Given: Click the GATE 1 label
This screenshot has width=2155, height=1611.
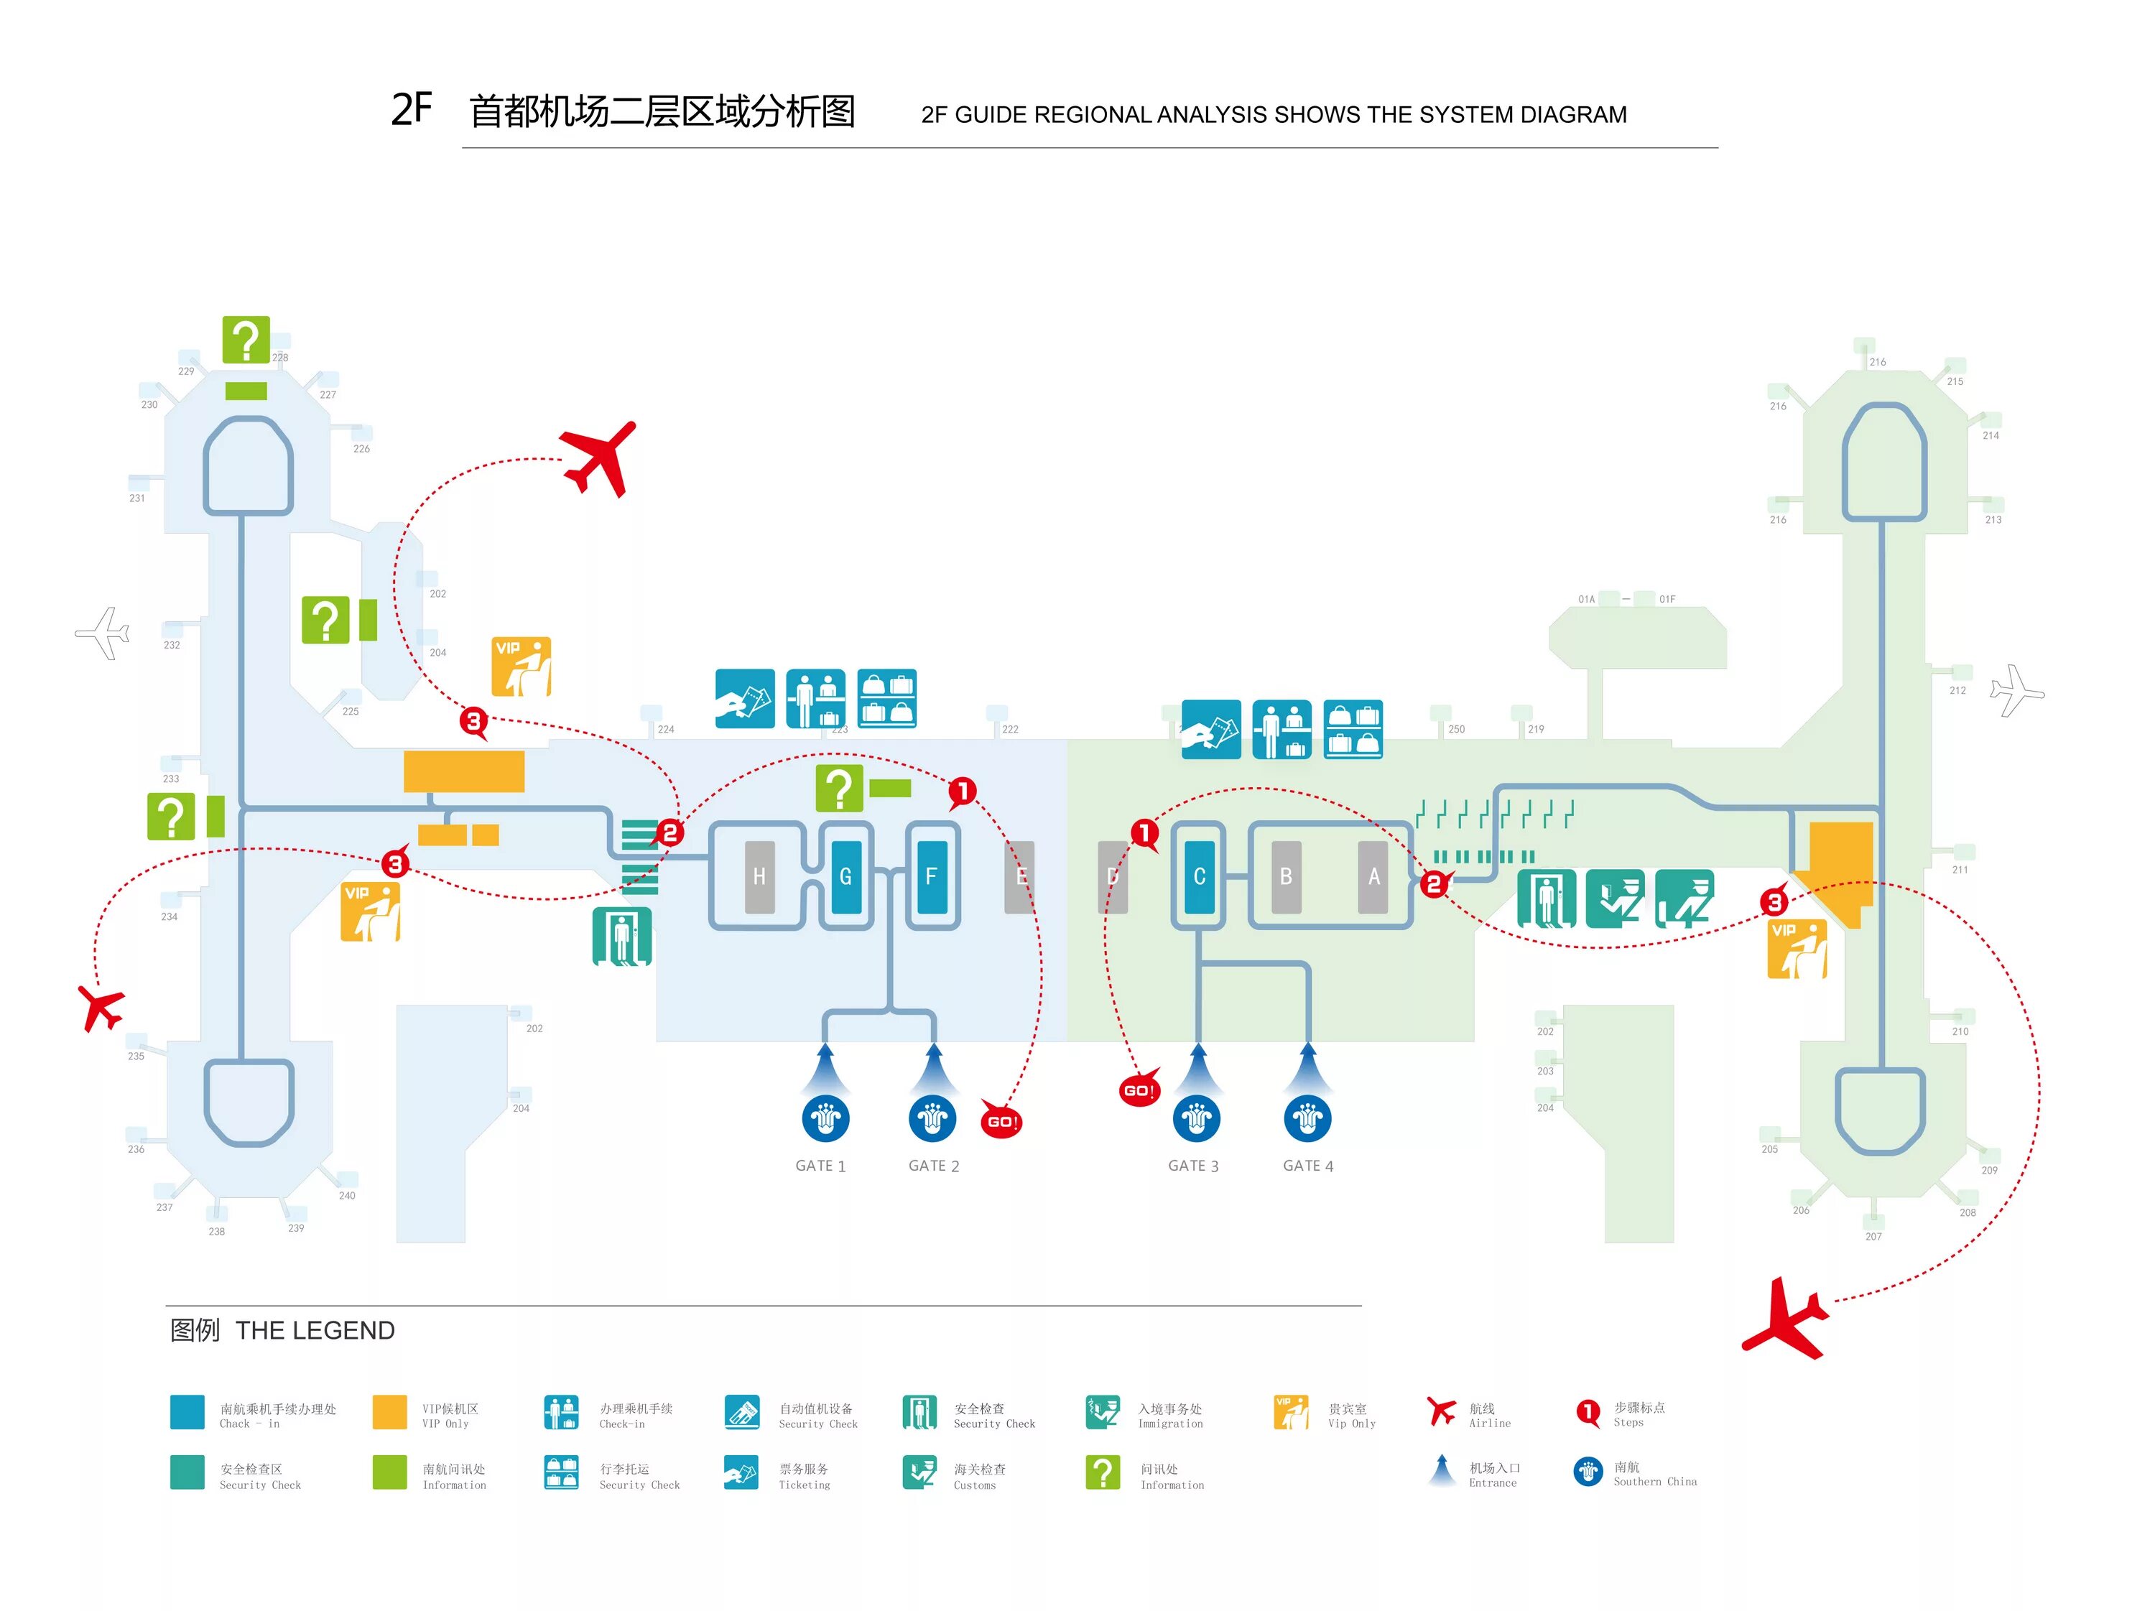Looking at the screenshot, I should click(820, 1166).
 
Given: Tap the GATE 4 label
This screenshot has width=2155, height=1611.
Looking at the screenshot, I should click(1307, 1166).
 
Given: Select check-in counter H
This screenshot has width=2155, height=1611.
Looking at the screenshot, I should click(759, 876).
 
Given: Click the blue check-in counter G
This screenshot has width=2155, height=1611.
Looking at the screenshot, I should click(845, 876).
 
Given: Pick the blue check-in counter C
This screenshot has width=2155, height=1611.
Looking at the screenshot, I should click(1200, 876).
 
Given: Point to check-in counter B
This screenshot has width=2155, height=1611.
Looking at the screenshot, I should click(1286, 876).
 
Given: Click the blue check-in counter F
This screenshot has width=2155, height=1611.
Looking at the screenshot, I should click(932, 876).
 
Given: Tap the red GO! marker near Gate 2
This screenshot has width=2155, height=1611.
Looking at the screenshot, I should click(1001, 1121).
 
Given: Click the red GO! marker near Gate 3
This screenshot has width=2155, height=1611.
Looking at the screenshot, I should click(1139, 1090).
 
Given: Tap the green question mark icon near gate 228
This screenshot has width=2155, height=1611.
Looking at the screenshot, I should click(246, 340).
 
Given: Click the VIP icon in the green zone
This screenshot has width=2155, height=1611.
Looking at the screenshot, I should click(1797, 949).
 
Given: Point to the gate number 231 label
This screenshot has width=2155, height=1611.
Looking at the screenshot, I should click(137, 498).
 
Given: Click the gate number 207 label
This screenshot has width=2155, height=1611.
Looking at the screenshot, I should click(1873, 1237).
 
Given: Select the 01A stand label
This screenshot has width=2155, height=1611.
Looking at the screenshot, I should click(1586, 600).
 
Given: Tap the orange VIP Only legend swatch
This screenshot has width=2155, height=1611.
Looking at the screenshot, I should click(389, 1412).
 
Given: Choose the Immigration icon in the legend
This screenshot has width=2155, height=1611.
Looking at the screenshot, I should click(1103, 1412).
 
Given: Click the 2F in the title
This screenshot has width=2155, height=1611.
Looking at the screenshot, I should click(411, 109).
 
